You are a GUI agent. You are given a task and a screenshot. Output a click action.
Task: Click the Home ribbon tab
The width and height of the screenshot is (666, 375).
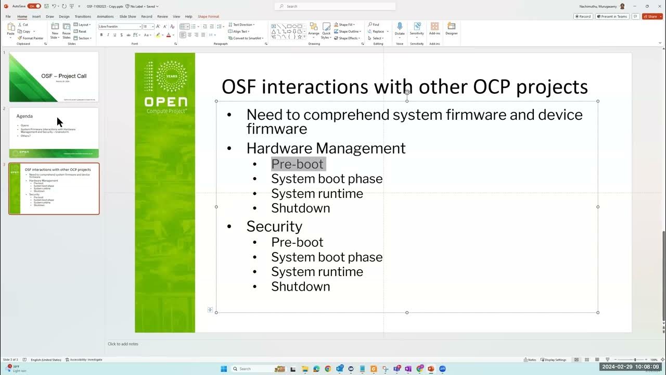[22, 16]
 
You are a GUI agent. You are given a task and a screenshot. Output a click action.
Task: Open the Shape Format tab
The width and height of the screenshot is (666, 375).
[208, 16]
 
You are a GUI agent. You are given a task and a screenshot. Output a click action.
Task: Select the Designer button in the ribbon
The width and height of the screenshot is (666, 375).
[451, 28]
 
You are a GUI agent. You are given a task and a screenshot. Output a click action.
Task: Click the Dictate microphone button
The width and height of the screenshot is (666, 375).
[400, 28]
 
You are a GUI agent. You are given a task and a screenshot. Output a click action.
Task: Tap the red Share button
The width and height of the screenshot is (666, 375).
[652, 16]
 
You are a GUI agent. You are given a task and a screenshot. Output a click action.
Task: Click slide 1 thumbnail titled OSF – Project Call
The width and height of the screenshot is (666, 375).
[54, 77]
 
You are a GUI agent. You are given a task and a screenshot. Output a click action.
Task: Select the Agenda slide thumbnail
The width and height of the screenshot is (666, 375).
[54, 132]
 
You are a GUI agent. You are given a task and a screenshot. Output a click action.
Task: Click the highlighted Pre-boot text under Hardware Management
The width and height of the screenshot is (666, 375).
[298, 164]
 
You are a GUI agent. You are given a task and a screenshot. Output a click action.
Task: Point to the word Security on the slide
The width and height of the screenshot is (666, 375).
[274, 226]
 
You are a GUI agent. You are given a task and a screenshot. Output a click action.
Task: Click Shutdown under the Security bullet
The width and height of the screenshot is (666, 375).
[300, 286]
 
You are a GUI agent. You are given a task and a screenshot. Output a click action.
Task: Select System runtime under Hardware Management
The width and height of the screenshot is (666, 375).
[317, 193]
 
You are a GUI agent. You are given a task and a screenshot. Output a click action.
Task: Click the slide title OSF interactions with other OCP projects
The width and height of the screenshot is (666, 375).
[404, 86]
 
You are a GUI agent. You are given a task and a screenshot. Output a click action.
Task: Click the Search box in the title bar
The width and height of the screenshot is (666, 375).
[335, 6]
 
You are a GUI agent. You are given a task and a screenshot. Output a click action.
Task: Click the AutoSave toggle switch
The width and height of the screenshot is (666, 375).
[34, 6]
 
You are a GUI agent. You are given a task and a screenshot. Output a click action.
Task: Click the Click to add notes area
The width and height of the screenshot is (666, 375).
[123, 344]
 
